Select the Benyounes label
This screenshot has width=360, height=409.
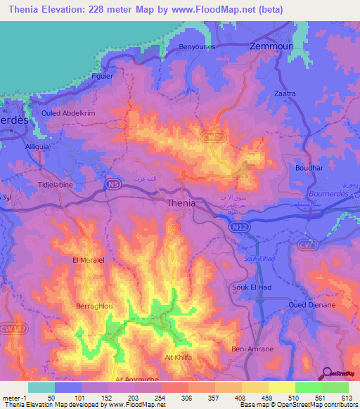pos(199,46)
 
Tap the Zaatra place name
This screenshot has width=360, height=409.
pos(285,93)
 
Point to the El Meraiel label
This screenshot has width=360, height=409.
pos(89,259)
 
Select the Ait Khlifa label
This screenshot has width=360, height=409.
pos(179,357)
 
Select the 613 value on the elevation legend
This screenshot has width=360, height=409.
pos(348,397)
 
